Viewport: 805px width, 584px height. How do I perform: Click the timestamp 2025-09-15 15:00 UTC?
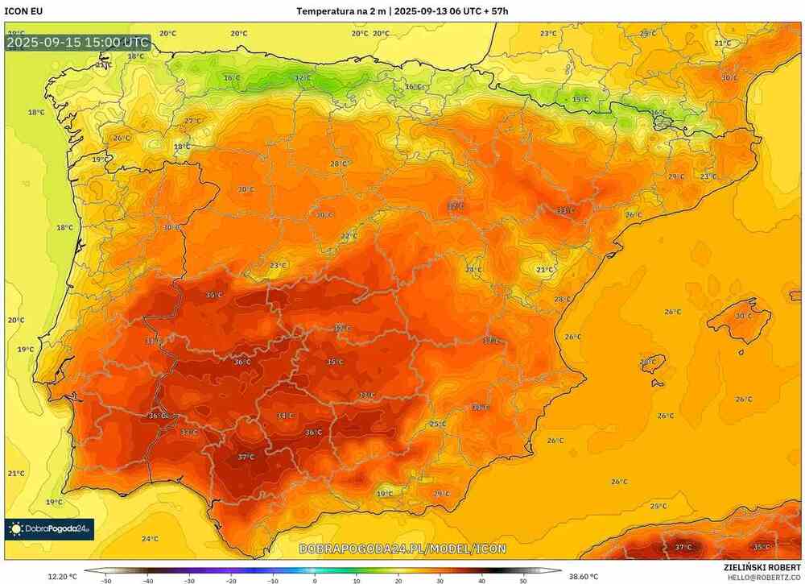tap(78, 42)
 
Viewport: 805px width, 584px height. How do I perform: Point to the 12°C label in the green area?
tap(302, 78)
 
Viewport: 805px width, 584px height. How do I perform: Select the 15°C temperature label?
tap(580, 99)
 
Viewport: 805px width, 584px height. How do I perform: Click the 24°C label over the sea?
tap(150, 539)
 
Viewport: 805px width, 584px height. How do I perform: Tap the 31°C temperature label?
tap(151, 342)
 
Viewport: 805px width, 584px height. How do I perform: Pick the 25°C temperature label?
tap(438, 424)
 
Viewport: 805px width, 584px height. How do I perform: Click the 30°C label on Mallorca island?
tap(744, 316)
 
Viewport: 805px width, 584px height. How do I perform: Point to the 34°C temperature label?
tap(284, 416)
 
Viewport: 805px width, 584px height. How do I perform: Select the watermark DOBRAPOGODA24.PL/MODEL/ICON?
tap(402, 549)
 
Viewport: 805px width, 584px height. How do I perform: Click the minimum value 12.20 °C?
tap(62, 576)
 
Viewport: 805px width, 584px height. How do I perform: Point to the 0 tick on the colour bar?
tap(315, 579)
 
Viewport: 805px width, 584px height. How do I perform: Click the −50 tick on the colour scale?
tap(105, 579)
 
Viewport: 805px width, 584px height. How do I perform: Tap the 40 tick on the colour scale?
tap(481, 579)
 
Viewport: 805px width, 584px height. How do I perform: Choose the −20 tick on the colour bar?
tap(231, 579)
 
